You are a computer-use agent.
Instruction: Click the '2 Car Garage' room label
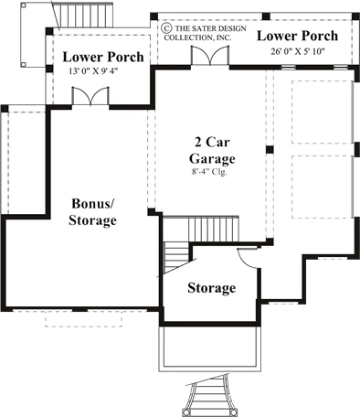[212, 150]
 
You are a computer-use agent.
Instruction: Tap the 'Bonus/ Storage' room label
[92, 211]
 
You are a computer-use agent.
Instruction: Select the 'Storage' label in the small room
[212, 288]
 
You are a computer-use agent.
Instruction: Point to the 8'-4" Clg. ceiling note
[209, 172]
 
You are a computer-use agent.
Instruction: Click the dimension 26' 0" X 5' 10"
[298, 51]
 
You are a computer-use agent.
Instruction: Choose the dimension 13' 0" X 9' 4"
[93, 71]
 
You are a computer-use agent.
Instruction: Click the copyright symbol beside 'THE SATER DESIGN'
[165, 28]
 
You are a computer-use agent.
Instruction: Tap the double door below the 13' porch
[90, 96]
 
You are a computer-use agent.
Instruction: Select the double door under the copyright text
[210, 55]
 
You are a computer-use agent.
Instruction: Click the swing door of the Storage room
[248, 258]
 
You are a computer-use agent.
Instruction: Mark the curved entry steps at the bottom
[209, 395]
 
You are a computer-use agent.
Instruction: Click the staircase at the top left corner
[86, 15]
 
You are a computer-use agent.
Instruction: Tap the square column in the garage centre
[270, 150]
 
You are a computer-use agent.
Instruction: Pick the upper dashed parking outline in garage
[323, 112]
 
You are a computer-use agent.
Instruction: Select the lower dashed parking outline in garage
[323, 187]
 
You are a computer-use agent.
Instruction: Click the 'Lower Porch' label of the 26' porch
[298, 36]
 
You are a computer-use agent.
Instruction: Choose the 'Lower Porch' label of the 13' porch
[103, 57]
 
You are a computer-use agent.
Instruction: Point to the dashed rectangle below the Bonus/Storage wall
[83, 319]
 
